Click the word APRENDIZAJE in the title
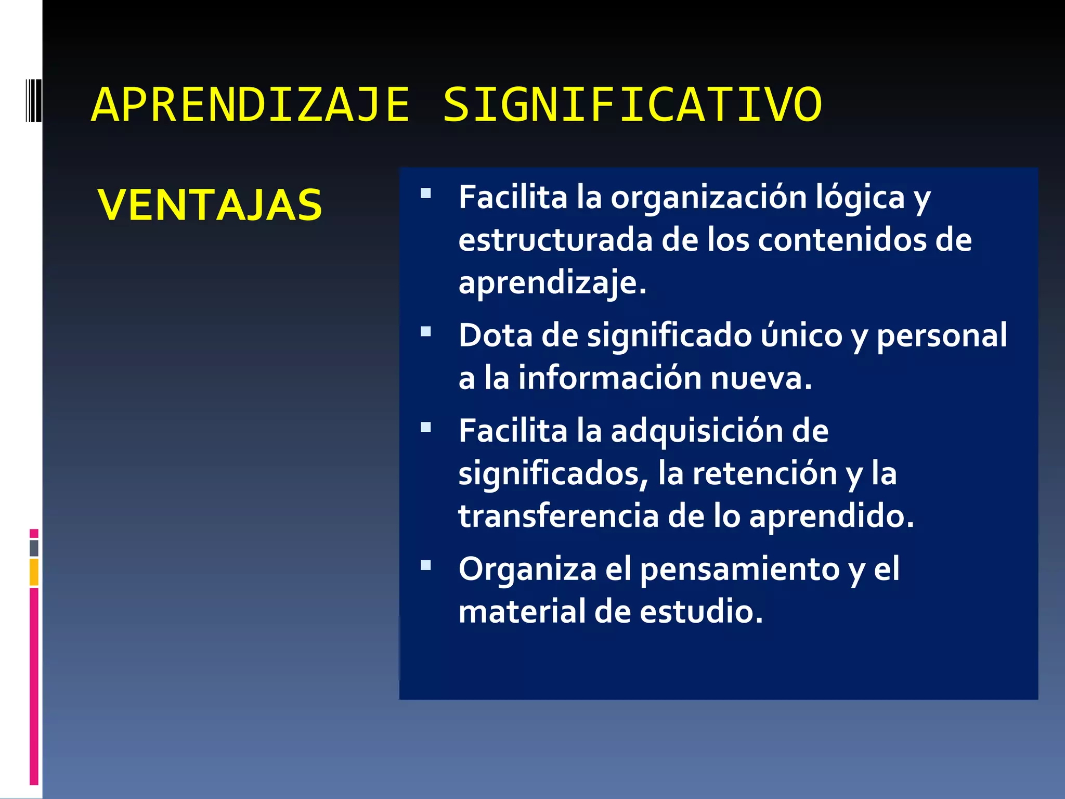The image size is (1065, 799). click(x=251, y=106)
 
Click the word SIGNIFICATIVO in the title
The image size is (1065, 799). click(x=632, y=106)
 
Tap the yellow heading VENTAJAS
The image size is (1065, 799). click(x=210, y=205)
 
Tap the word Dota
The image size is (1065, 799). click(x=496, y=336)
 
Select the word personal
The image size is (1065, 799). click(x=942, y=337)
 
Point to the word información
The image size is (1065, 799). click(x=609, y=378)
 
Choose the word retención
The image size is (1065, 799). click(x=765, y=474)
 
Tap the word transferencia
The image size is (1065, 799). click(x=559, y=516)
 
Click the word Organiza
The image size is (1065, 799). click(x=527, y=570)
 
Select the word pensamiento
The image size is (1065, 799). click(x=739, y=570)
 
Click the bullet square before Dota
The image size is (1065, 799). click(x=426, y=332)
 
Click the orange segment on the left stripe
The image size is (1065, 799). click(x=34, y=572)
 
